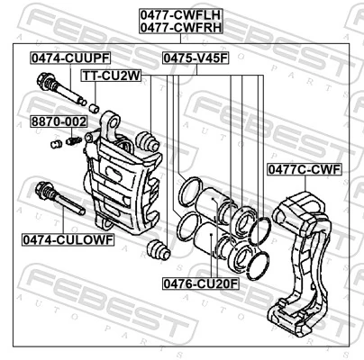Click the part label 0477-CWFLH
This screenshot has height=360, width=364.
pos(180,14)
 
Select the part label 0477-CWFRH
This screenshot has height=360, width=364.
pos(180,27)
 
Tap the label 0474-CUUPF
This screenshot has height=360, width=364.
pos(70,58)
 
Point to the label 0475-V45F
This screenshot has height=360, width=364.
pos(196,58)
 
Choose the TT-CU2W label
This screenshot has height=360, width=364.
pos(112,76)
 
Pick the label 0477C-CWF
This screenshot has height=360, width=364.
pos(305,170)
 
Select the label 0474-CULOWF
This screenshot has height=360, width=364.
pos(68,239)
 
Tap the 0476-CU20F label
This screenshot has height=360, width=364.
pos(201,283)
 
